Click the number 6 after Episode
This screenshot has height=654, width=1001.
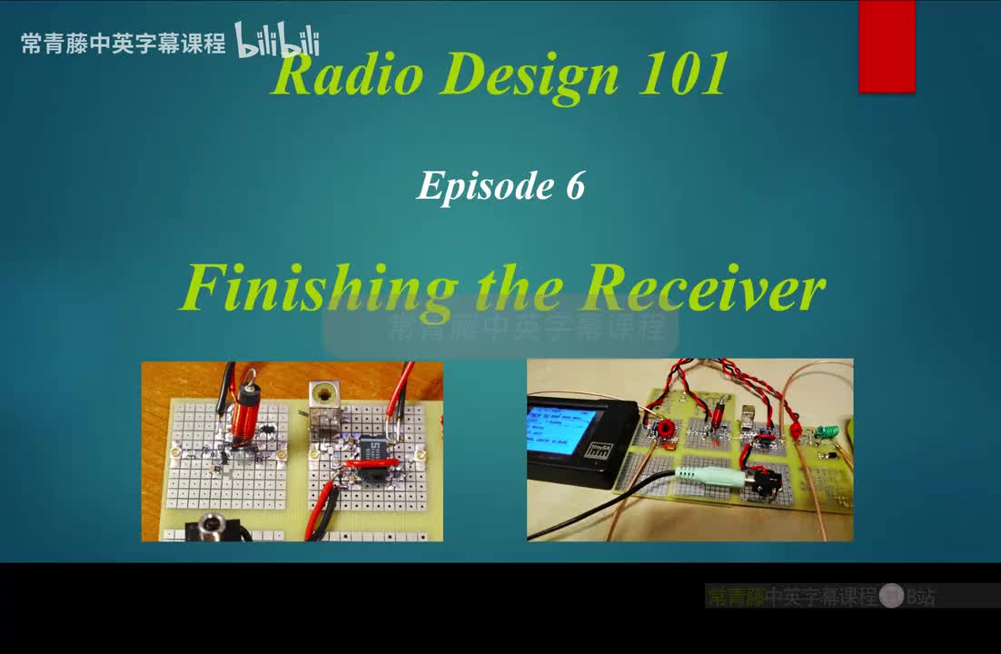[574, 185]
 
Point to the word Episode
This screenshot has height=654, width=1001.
[480, 186]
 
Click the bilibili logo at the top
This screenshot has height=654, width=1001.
[277, 41]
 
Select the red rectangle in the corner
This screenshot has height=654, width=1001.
[887, 45]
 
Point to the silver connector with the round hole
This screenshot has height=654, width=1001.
[322, 397]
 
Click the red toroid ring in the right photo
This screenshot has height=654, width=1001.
[666, 428]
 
